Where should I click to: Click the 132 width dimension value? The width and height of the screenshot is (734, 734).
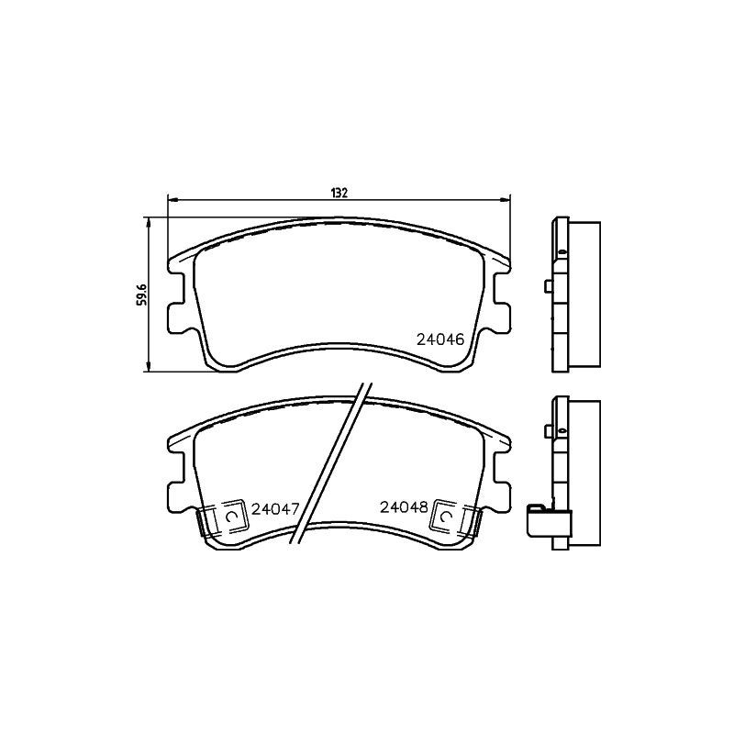click(x=339, y=192)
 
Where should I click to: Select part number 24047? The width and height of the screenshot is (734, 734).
click(x=276, y=507)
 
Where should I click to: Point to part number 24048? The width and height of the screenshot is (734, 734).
click(x=404, y=506)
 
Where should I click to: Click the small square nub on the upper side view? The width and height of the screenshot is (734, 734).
click(x=548, y=287)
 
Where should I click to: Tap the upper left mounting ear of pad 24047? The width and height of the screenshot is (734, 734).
click(x=180, y=444)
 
